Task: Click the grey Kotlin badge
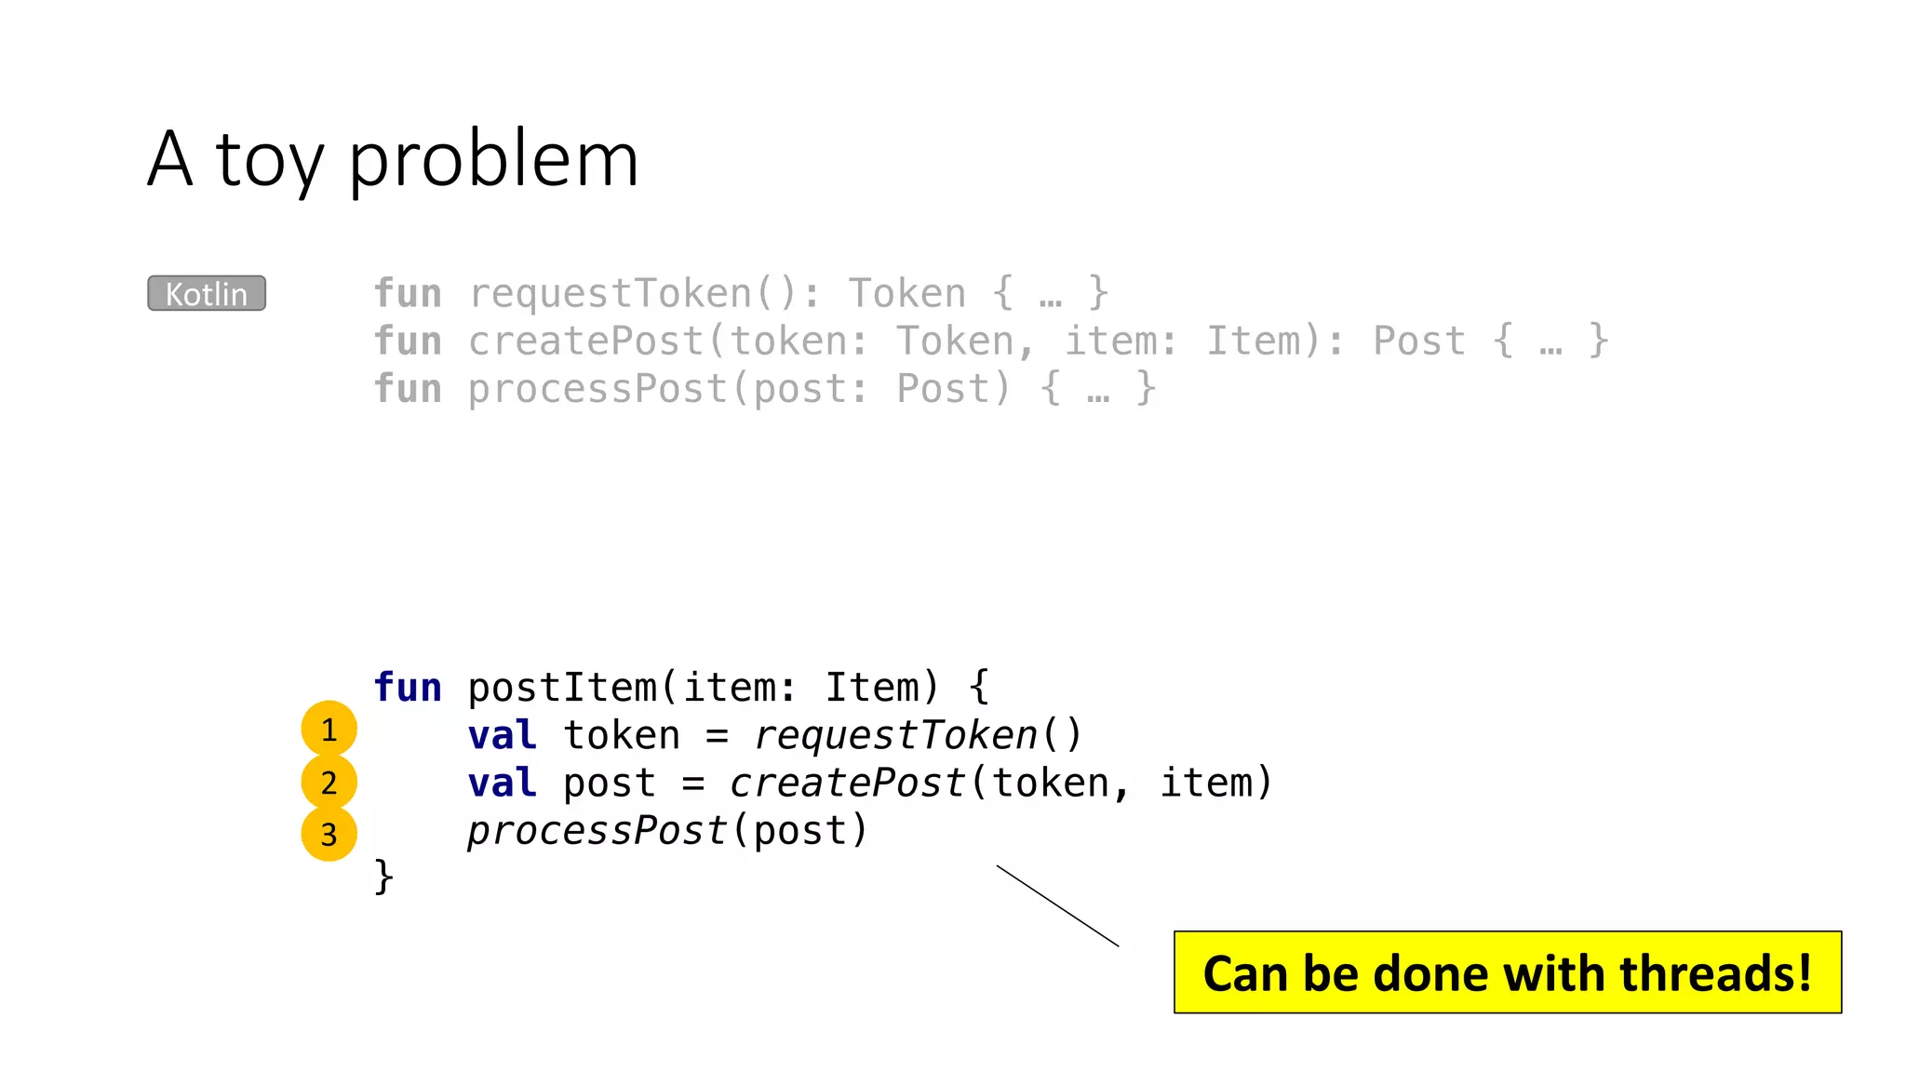pyautogui.click(x=207, y=293)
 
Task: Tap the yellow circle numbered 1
pyautogui.click(x=329, y=729)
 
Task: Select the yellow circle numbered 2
pyautogui.click(x=329, y=782)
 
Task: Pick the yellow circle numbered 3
pyautogui.click(x=329, y=834)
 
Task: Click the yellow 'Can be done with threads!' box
pyautogui.click(x=1507, y=972)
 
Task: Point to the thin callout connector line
pyautogui.click(x=1057, y=905)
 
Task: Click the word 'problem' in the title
pyautogui.click(x=493, y=160)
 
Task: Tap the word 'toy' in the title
pyautogui.click(x=270, y=160)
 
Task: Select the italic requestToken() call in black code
pyautogui.click(x=917, y=735)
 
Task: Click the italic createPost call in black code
pyautogui.click(x=847, y=783)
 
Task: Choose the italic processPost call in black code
pyautogui.click(x=597, y=830)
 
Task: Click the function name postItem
pyautogui.click(x=562, y=688)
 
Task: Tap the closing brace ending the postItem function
pyautogui.click(x=383, y=877)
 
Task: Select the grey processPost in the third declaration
pyautogui.click(x=597, y=389)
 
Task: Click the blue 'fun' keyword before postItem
pyautogui.click(x=408, y=688)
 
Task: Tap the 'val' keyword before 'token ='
pyautogui.click(x=503, y=735)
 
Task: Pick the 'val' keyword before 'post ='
pyautogui.click(x=503, y=783)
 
